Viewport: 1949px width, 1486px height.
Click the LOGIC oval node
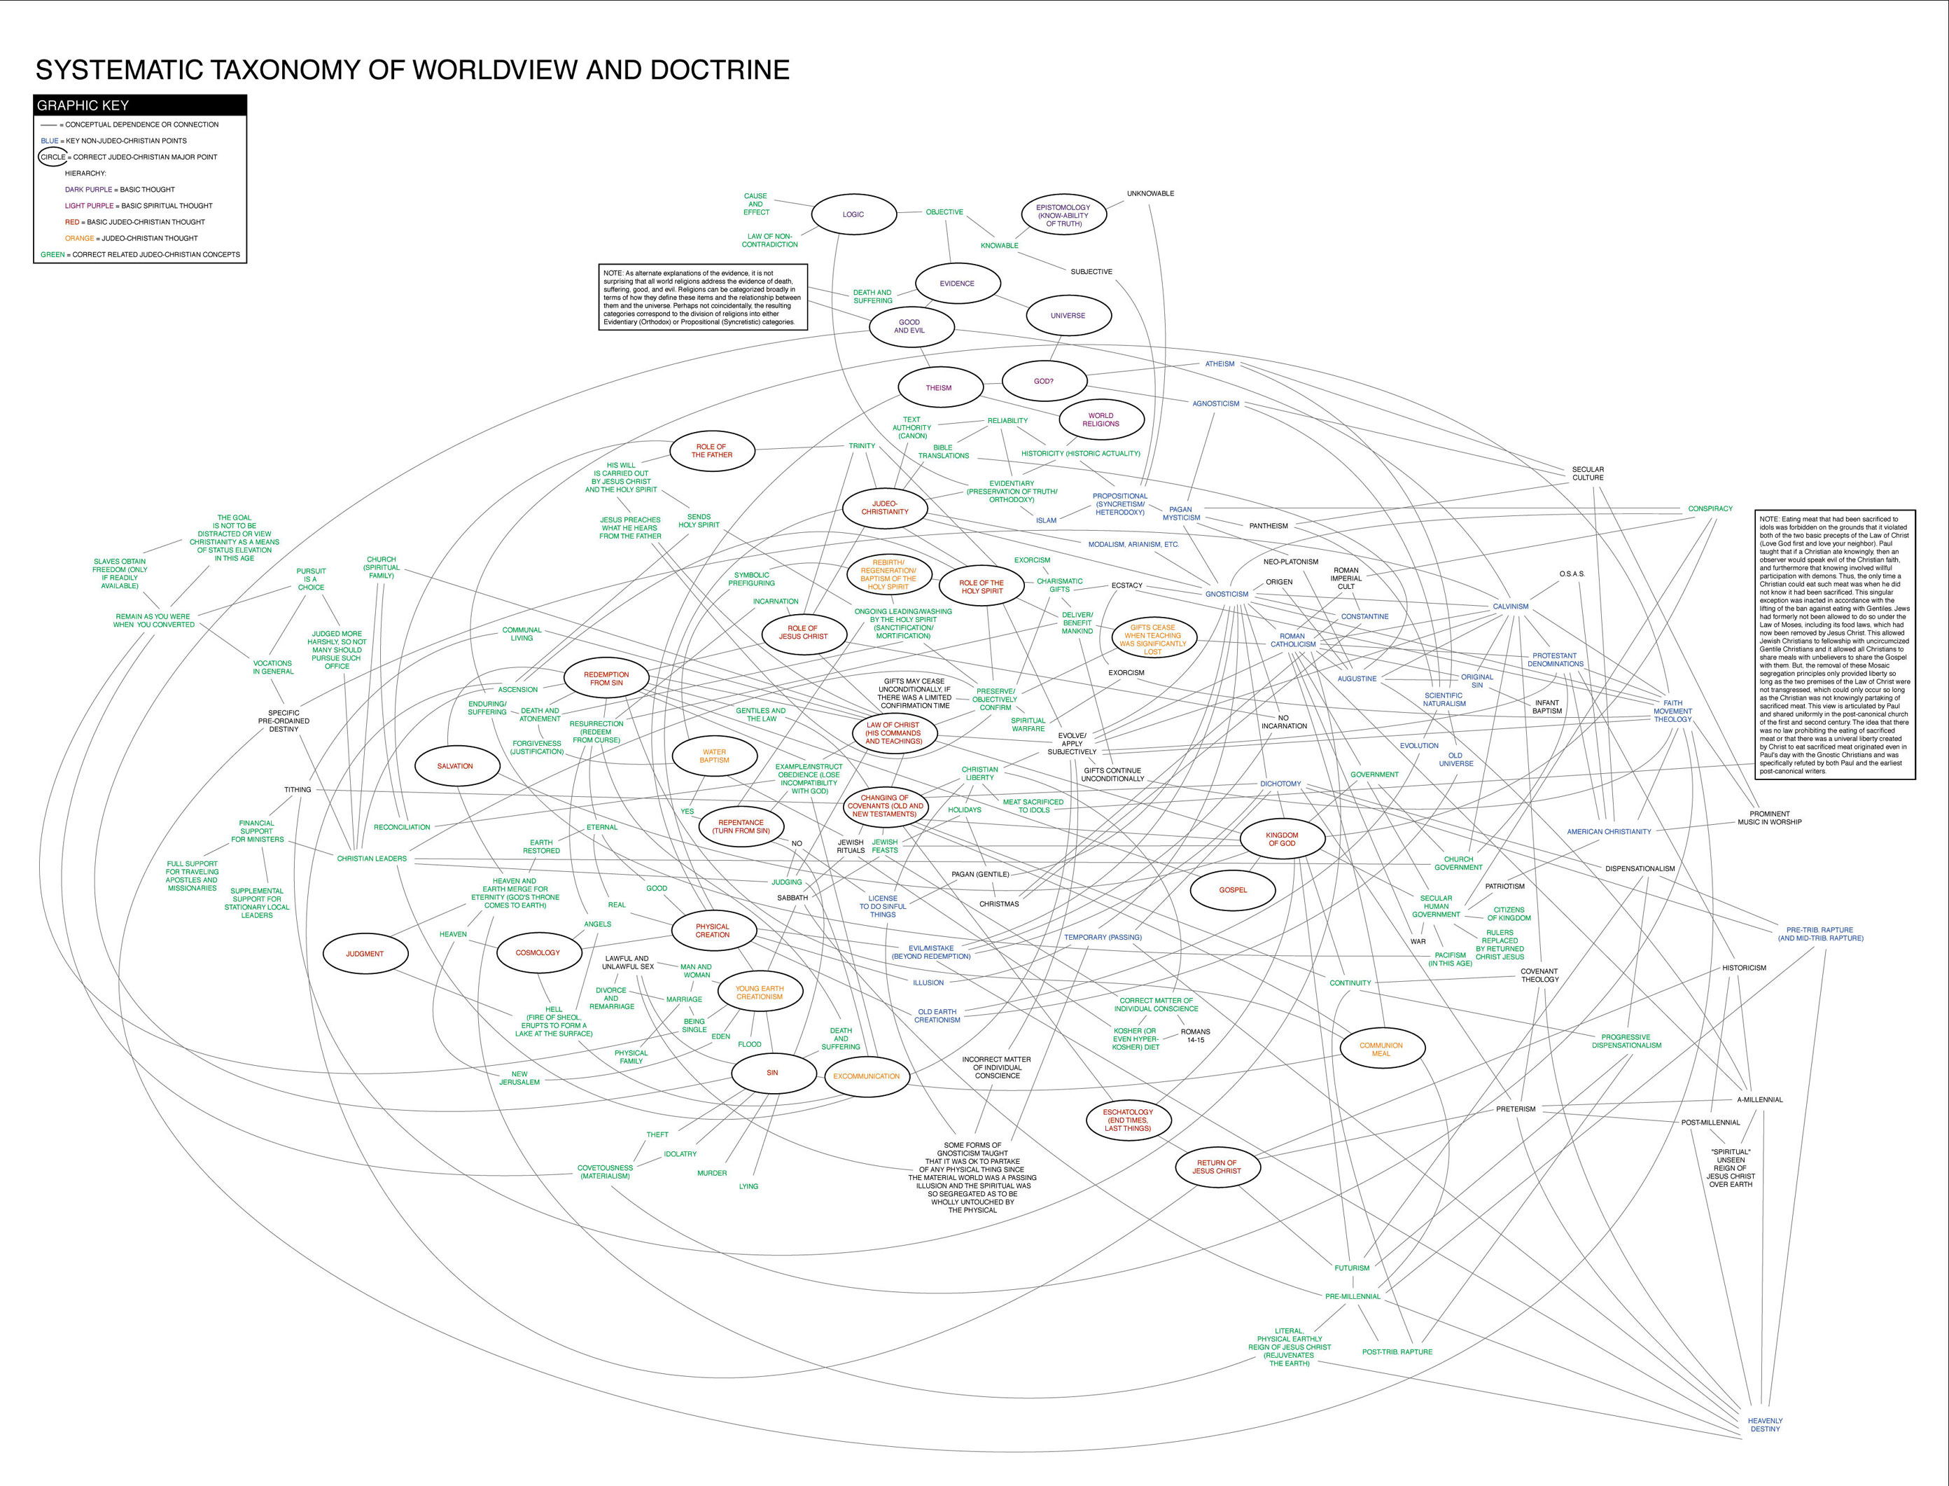click(x=853, y=214)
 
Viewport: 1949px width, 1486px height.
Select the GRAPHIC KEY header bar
click(x=140, y=105)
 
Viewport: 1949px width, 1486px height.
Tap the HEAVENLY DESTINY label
click(x=1765, y=1424)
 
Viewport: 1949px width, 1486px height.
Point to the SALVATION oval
click(x=454, y=766)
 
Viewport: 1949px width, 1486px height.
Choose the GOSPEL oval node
click(x=1233, y=890)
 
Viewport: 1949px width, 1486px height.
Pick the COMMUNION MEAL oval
click(x=1381, y=1049)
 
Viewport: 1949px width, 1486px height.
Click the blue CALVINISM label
click(x=1510, y=606)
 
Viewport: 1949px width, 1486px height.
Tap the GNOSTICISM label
click(x=1227, y=595)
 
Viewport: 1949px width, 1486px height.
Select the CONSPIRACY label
click(x=1710, y=508)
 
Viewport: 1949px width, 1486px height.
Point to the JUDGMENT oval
click(x=364, y=954)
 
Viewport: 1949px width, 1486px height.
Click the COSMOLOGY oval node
click(x=538, y=952)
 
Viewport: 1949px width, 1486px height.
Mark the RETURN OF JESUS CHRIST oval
click(x=1216, y=1167)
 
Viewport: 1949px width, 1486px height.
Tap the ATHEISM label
click(x=1220, y=363)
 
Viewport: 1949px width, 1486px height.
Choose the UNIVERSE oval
click(x=1068, y=316)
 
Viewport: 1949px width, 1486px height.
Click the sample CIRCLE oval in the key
click(x=53, y=158)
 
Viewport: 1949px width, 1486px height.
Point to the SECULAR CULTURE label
click(x=1587, y=473)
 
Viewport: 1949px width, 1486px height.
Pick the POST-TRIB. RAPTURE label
click(x=1397, y=1352)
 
